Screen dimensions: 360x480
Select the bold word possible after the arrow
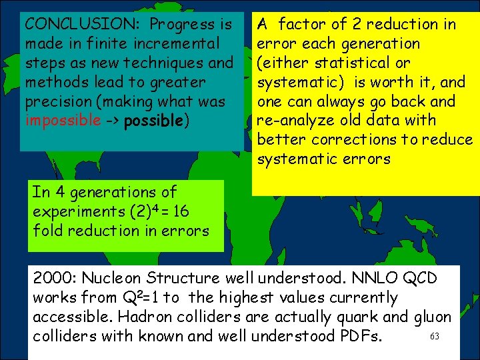click(152, 121)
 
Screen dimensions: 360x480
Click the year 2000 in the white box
click(53, 278)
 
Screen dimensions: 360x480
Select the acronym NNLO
click(363, 278)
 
